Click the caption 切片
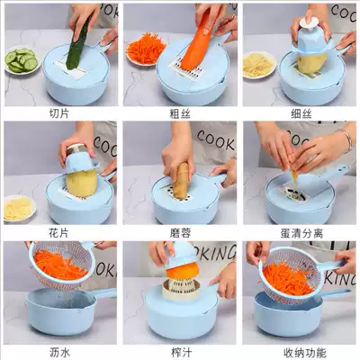coord(59,113)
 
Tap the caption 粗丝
coord(180,113)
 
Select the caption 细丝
coord(301,113)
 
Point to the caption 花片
coord(58,232)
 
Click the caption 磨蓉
coord(180,233)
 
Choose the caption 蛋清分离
coord(301,233)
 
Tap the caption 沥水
coord(59,352)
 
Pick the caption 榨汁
coord(182,352)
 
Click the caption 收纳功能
coord(304,352)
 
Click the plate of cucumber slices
coord(22,60)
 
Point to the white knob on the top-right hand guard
coord(309,22)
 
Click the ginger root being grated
coord(181,181)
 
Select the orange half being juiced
coord(183,270)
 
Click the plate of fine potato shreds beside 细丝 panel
coord(258,65)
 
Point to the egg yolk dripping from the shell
coord(295,179)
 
